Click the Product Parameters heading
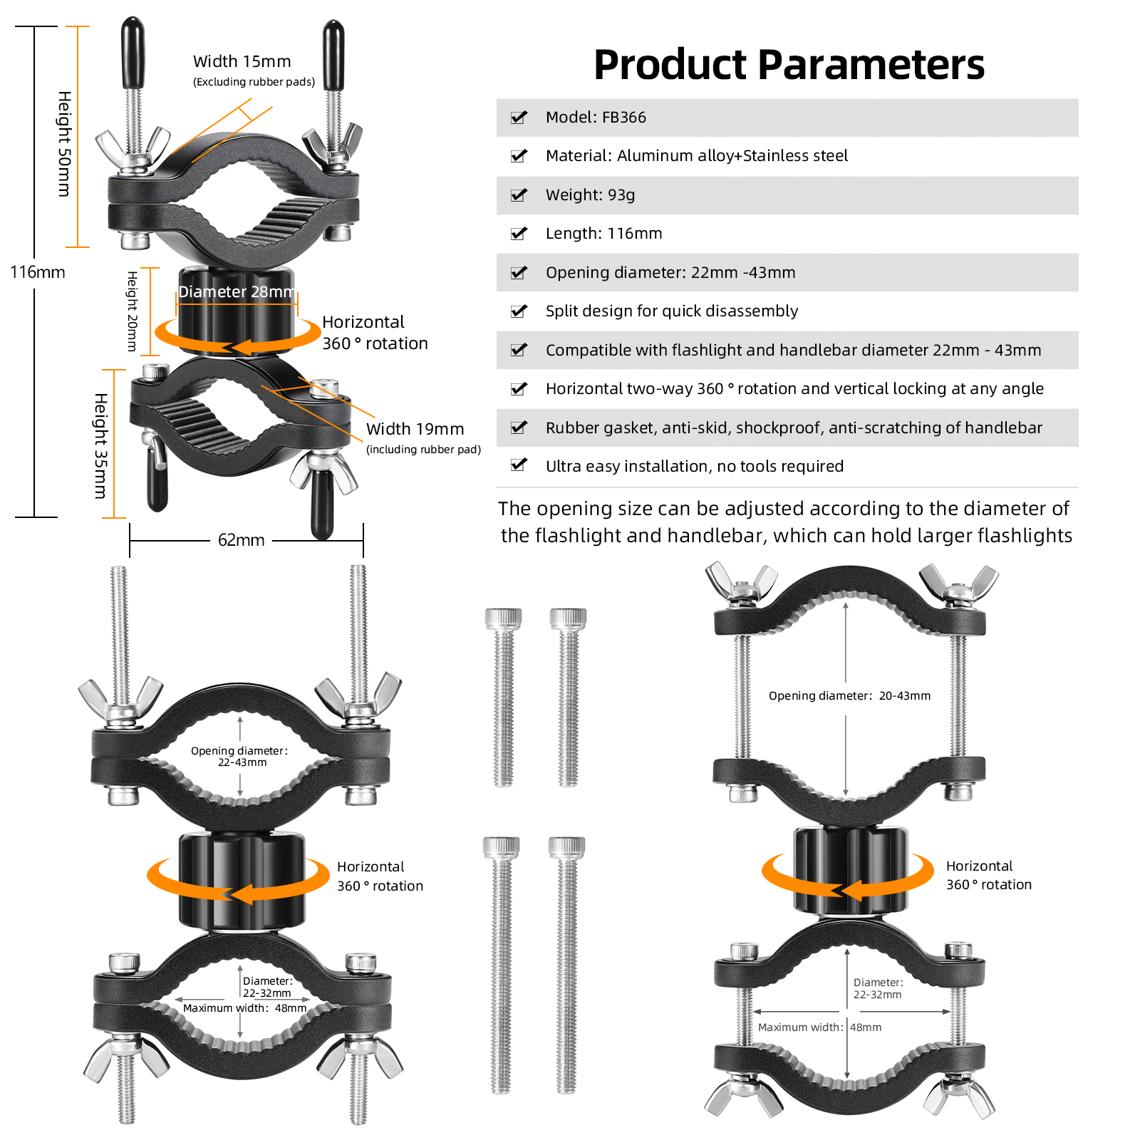[789, 65]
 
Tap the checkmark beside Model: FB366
[519, 118]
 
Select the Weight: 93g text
[590, 195]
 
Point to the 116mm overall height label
[38, 272]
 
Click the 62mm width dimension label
[241, 540]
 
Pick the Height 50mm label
[64, 143]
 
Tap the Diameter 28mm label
[237, 292]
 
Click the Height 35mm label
[101, 445]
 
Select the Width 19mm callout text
[415, 429]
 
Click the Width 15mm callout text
[242, 62]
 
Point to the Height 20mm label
[132, 311]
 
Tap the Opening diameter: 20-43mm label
[849, 696]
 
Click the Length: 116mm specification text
[603, 234]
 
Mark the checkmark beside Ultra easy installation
[519, 465]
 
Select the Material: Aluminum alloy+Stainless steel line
[696, 156]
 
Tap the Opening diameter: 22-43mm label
[240, 757]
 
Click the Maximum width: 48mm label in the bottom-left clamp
[244, 1008]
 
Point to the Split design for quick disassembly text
[671, 311]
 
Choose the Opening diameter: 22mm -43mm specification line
[670, 273]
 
